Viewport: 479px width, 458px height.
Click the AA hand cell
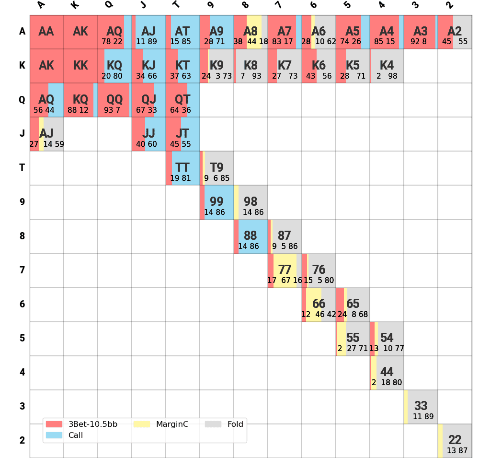(46, 32)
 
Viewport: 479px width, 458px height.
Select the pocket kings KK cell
(80, 66)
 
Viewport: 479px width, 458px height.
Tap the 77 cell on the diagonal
(285, 270)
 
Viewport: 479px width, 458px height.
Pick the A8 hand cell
(251, 32)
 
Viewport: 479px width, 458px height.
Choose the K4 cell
(387, 66)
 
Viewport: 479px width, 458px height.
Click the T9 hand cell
(217, 168)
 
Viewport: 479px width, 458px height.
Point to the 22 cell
(455, 441)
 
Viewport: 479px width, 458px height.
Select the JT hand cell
(182, 134)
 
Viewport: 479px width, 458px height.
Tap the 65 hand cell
(353, 305)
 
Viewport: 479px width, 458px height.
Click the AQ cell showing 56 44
(46, 100)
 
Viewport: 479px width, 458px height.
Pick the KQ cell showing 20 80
(114, 66)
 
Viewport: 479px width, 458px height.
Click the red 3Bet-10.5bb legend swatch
(54, 424)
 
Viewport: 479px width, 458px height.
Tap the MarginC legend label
(172, 424)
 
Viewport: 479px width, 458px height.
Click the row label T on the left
(22, 168)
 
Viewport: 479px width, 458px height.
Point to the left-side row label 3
(22, 407)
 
